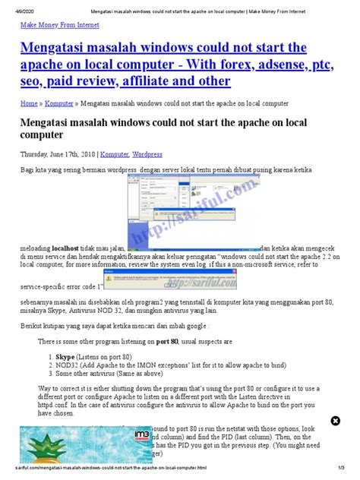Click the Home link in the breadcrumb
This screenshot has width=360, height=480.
[x=28, y=102]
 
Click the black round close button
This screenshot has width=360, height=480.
[x=336, y=421]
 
